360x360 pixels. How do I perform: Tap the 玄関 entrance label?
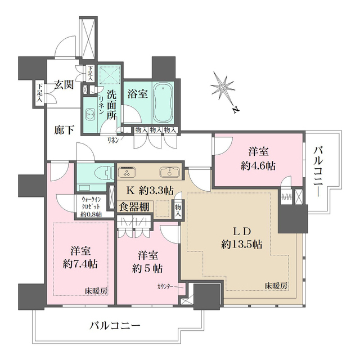64,85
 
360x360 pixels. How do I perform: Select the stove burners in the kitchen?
127,171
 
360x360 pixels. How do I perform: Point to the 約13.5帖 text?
241,244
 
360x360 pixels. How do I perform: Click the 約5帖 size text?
144,267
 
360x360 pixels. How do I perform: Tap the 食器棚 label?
134,206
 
